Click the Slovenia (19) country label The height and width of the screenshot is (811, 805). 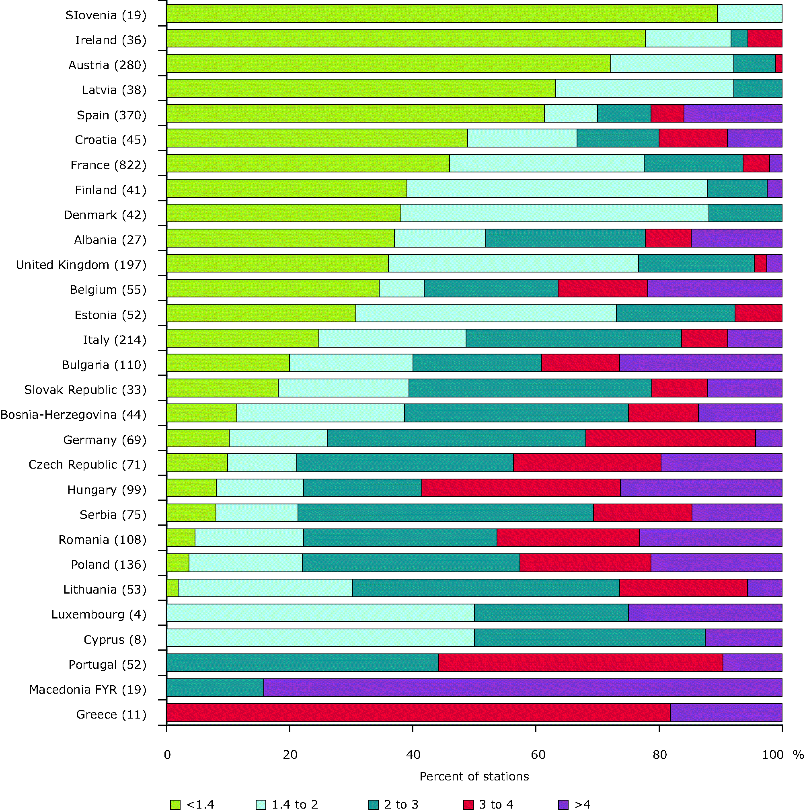coord(106,16)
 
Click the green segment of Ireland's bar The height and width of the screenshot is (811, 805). coord(405,38)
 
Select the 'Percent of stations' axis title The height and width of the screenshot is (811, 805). coord(474,776)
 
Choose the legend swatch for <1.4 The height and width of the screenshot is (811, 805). coord(175,804)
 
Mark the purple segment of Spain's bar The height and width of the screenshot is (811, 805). coord(732,113)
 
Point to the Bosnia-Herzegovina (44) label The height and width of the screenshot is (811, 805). coord(73,415)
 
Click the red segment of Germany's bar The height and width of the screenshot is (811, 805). coord(670,438)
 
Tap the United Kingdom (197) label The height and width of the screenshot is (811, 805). coord(81,265)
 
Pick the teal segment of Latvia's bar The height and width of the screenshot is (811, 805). coord(757,88)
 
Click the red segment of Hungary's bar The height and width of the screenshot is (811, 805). coord(521,488)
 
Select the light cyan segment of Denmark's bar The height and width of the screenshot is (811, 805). coord(554,213)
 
